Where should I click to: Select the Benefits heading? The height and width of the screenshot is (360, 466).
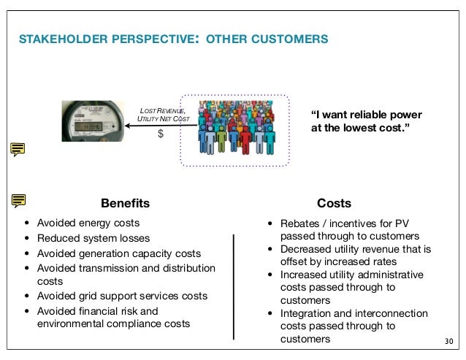125,203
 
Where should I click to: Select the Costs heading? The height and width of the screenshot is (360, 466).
335,203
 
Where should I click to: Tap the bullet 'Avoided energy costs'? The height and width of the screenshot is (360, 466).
88,223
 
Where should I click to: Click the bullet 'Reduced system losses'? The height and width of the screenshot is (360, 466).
93,238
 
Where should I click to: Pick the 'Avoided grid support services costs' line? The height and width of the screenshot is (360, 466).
123,296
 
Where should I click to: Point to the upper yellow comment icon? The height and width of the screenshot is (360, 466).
18,150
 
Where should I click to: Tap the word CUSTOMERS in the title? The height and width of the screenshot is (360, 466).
281,37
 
